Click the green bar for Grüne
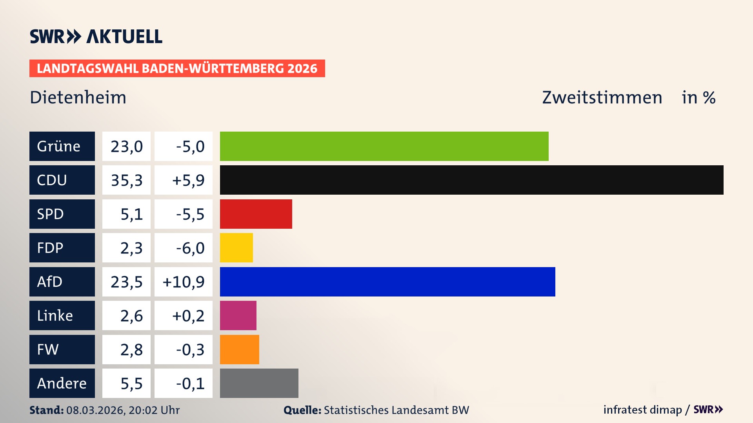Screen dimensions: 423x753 (384, 146)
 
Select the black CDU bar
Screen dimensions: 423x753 (471, 180)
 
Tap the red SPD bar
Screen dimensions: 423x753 (256, 214)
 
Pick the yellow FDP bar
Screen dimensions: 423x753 (236, 248)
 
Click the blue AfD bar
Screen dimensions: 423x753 (387, 282)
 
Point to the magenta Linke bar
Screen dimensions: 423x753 (238, 315)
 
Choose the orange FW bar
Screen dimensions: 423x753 (239, 349)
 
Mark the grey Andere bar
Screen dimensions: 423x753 (259, 383)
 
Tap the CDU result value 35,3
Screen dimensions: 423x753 (126, 180)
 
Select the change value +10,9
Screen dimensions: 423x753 (184, 282)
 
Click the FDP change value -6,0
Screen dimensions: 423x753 (190, 248)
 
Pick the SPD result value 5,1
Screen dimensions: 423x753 (131, 214)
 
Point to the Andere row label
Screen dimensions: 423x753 (62, 383)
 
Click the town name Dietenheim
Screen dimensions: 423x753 (78, 97)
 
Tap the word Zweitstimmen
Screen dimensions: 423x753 (602, 97)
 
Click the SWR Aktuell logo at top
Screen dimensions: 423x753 (96, 36)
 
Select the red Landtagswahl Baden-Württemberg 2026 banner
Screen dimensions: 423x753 (177, 68)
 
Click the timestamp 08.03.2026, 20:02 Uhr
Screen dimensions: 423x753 (123, 410)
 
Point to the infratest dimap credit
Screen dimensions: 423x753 (642, 410)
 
